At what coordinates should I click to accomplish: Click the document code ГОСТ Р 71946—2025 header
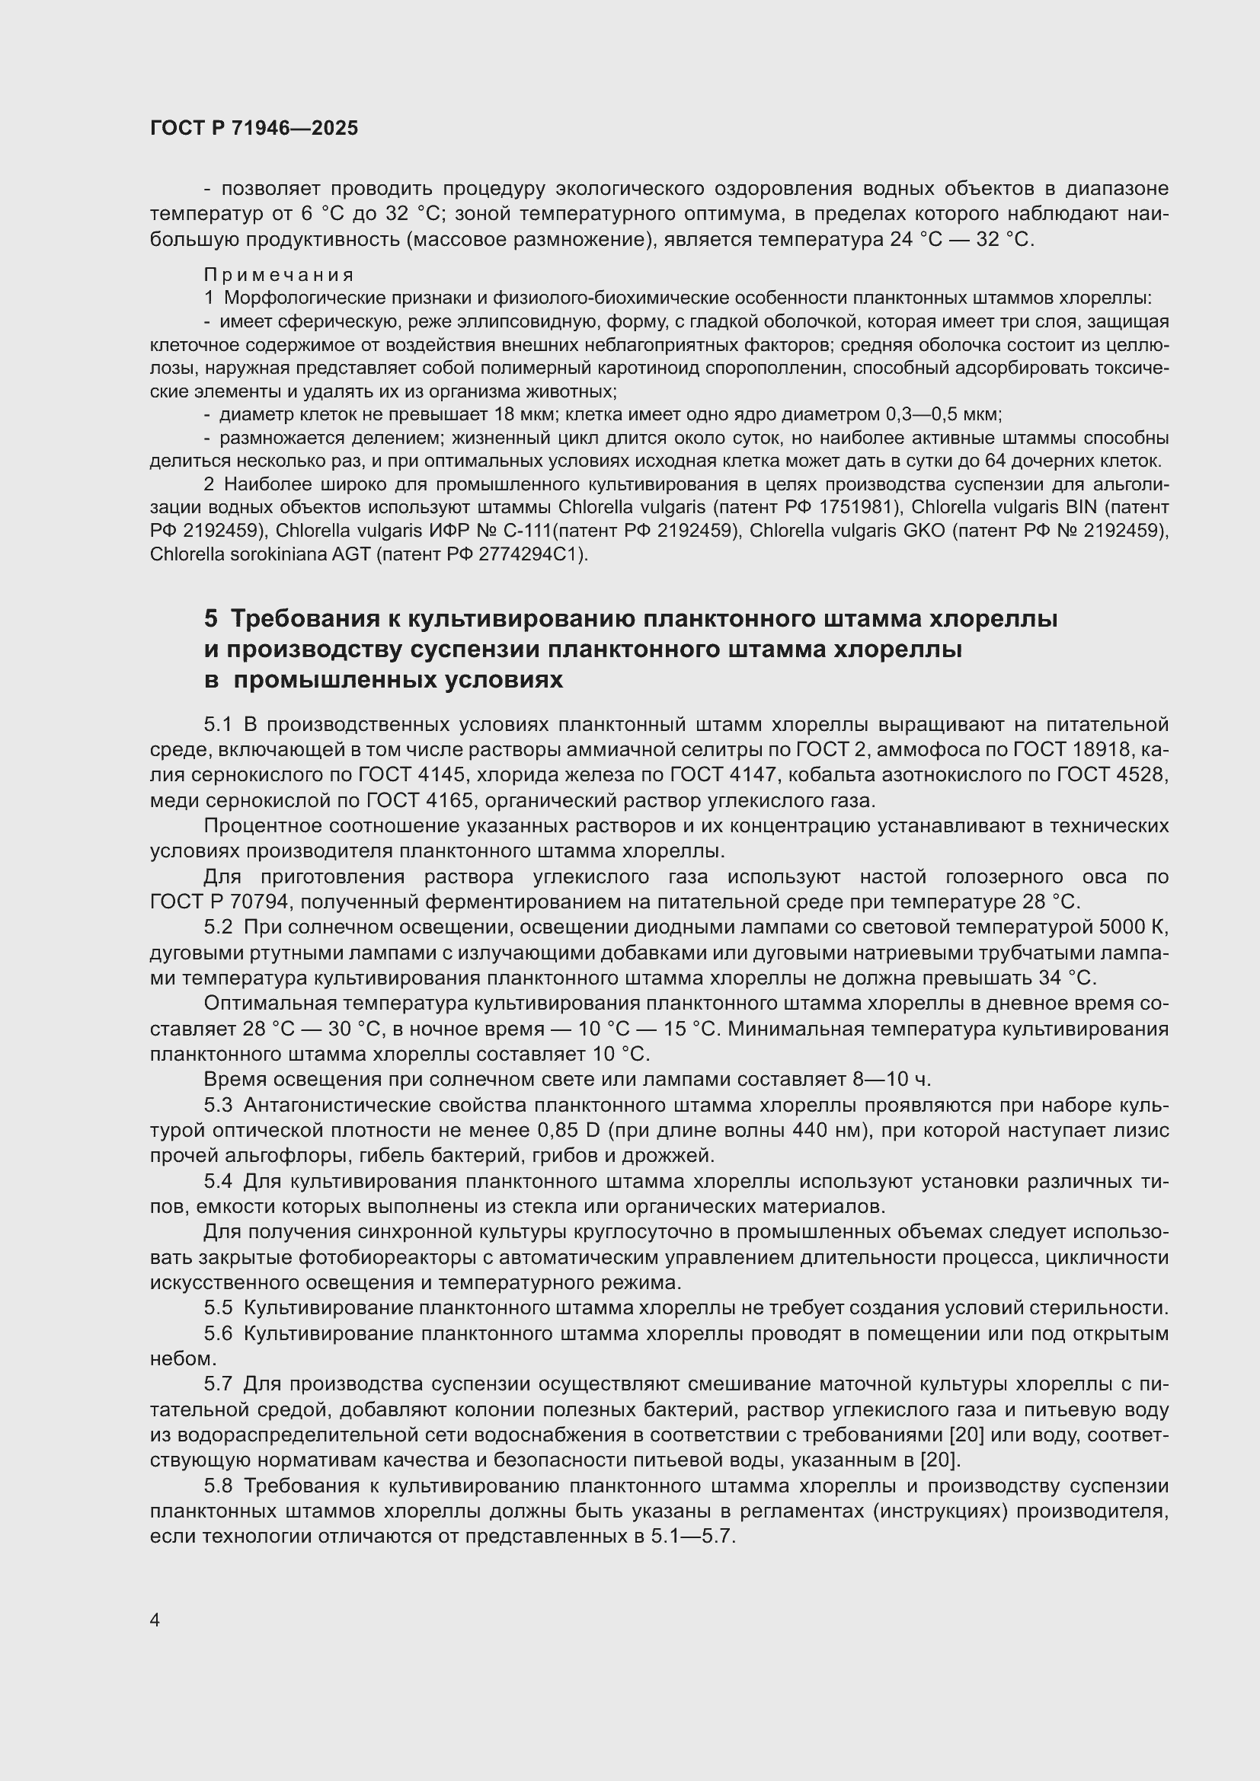[x=254, y=129]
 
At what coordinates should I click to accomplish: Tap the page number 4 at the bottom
[x=155, y=1620]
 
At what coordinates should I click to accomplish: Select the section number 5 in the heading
[x=211, y=619]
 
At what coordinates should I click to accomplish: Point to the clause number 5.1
[x=218, y=724]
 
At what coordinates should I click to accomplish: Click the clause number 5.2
[x=218, y=927]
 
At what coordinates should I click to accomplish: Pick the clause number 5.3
[x=218, y=1106]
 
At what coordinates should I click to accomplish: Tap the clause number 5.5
[x=218, y=1308]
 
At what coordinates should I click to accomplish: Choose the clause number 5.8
[x=218, y=1486]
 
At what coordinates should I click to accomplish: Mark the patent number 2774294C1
[x=537, y=554]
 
